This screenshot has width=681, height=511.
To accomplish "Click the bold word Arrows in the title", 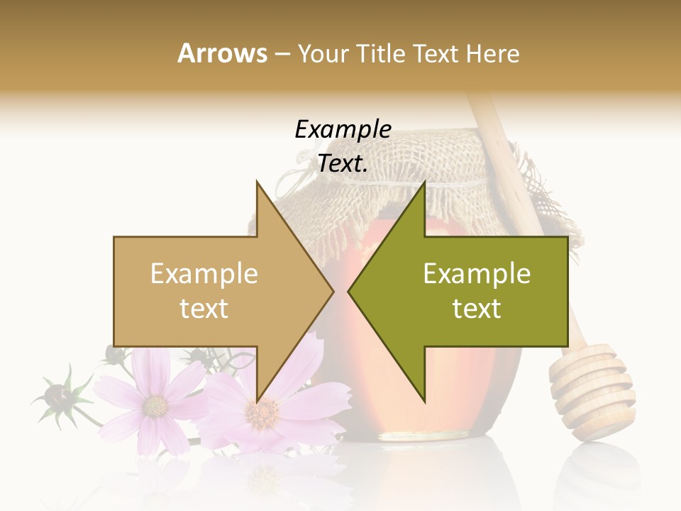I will (222, 53).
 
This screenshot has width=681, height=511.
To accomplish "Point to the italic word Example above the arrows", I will (343, 130).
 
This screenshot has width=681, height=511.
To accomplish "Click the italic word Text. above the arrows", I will (343, 164).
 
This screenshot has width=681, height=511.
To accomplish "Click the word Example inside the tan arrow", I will (204, 274).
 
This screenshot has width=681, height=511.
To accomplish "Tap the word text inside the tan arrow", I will (204, 308).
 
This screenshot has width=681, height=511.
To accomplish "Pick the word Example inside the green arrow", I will (477, 274).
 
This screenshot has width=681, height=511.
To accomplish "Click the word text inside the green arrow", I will (477, 308).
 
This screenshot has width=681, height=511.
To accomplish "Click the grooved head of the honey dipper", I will (592, 390).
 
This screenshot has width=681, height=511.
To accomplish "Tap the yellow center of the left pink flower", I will (155, 406).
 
